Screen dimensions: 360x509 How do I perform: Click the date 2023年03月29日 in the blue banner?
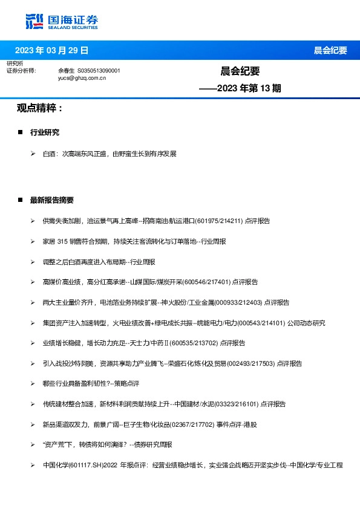(51, 50)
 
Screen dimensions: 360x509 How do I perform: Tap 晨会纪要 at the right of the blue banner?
(330, 50)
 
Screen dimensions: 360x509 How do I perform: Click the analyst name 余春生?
(66, 71)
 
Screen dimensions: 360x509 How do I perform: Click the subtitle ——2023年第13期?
(240, 88)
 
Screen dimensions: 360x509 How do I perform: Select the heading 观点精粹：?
(40, 108)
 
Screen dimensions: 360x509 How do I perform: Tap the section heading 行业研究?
(45, 132)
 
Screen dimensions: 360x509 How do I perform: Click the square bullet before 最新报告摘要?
(21, 200)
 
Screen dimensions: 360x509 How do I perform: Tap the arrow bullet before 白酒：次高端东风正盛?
(33, 154)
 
